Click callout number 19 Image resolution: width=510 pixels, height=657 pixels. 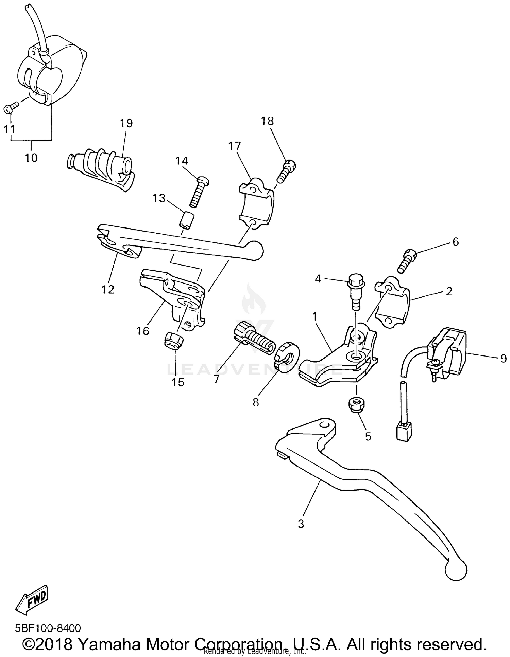[126, 123]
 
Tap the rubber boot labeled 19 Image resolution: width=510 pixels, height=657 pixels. [102, 169]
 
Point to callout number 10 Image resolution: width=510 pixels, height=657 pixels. [31, 158]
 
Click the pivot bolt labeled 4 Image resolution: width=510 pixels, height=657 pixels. [356, 292]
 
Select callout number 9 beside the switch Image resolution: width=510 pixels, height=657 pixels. [503, 359]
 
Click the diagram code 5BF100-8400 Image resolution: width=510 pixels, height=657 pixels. [48, 628]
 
